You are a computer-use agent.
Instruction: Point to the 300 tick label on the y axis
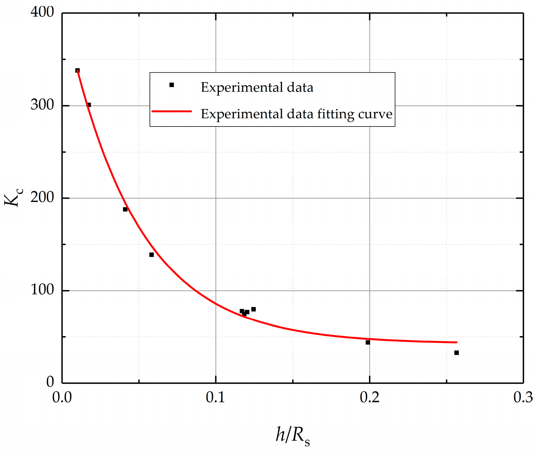[x=42, y=105]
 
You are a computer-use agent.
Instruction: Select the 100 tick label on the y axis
[x=42, y=290]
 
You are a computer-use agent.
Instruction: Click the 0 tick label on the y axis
[x=50, y=382]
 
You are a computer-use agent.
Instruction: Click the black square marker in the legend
[x=172, y=85]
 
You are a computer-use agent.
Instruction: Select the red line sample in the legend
[x=172, y=111]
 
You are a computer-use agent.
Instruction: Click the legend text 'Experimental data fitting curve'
[x=296, y=114]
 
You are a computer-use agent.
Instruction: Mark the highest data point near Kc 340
[x=77, y=71]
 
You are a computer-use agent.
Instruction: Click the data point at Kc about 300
[x=89, y=105]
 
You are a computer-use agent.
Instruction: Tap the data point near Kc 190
[x=125, y=209]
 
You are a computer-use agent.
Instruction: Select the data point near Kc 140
[x=152, y=255]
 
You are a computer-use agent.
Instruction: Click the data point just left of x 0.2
[x=368, y=343]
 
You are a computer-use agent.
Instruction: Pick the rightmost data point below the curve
[x=457, y=353]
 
